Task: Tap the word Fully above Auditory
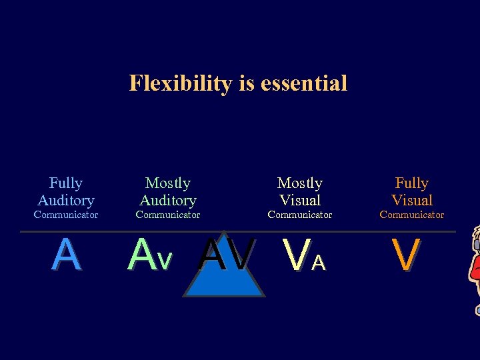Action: coord(66,183)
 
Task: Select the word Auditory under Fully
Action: coord(66,200)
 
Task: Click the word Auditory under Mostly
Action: coord(168,200)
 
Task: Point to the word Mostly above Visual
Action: coord(300,183)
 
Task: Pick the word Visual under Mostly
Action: coord(300,200)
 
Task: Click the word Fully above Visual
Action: coord(412,183)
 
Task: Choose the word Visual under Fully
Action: coord(412,200)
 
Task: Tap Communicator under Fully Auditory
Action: coord(66,215)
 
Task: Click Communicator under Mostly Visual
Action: coord(300,215)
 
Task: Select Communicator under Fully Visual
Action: coord(412,215)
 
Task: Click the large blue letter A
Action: coord(66,255)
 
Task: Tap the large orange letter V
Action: coord(406,255)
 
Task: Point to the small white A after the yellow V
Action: coord(319,264)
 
